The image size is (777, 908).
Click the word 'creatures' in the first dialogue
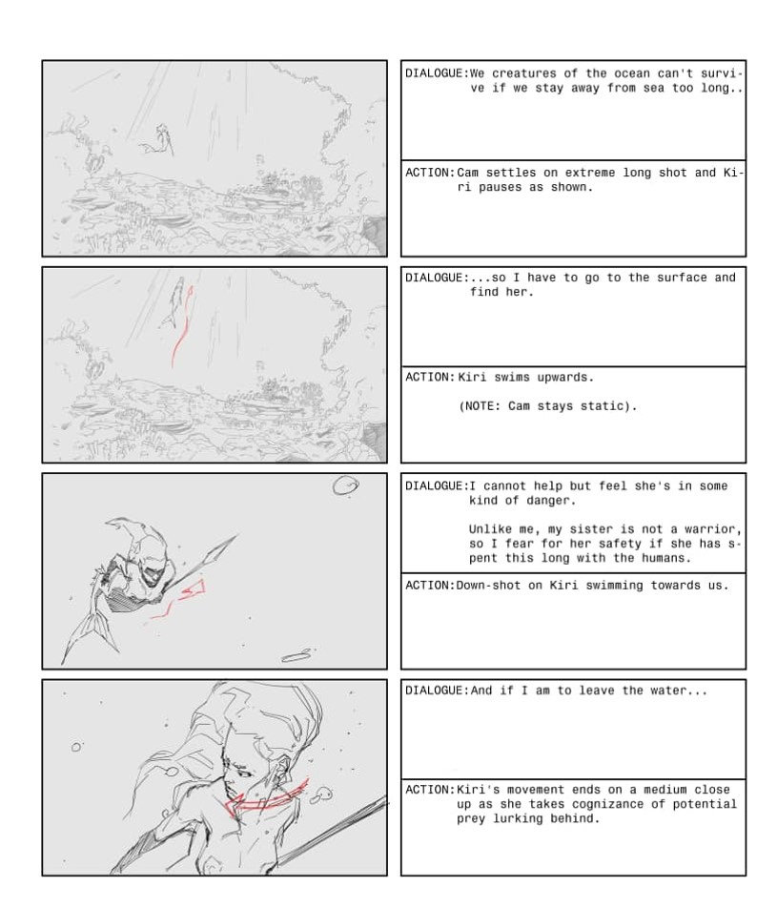[x=524, y=73]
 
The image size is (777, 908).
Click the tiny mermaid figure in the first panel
[x=160, y=139]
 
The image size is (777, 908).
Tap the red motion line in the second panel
[x=181, y=325]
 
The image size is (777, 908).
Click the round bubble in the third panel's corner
[x=345, y=485]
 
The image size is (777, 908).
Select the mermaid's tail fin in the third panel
[x=91, y=636]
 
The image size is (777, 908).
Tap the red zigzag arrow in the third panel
[x=179, y=601]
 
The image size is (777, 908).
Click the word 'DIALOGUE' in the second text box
[x=434, y=278]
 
